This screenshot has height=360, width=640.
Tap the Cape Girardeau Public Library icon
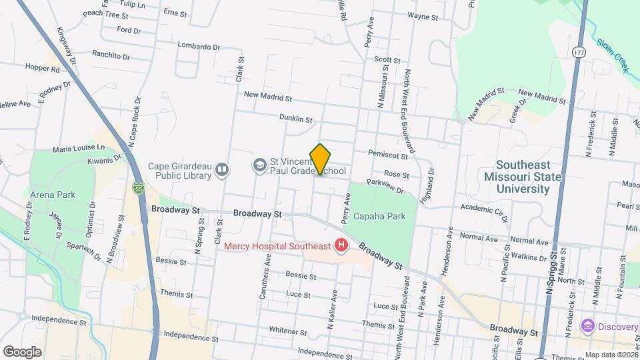222,171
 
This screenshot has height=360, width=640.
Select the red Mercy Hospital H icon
341,246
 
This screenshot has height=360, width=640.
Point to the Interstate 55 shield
138,189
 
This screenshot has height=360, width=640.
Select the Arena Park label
53,195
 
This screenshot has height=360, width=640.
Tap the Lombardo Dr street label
199,46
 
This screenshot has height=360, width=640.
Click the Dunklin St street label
295,119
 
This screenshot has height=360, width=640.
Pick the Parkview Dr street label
385,185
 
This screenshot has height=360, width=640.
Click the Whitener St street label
288,330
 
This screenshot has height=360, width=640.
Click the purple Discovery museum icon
587,326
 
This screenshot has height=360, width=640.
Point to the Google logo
22,351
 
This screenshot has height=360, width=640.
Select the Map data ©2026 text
611,355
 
